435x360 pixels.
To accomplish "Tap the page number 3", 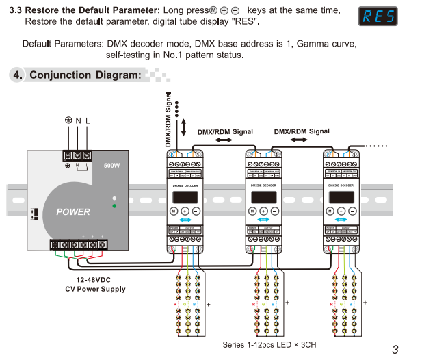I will (x=395, y=349).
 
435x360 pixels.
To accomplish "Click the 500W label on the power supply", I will (x=111, y=165).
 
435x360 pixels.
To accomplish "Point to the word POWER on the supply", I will (x=73, y=211).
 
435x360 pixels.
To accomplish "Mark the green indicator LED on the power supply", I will (x=115, y=205).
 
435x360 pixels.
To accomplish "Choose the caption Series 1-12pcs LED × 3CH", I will (x=269, y=344).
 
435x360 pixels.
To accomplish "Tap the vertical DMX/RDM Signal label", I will (x=168, y=120).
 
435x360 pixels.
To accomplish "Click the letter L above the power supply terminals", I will (x=88, y=120).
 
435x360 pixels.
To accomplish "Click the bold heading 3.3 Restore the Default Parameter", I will (x=92, y=11).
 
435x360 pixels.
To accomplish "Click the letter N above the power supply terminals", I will (x=78, y=120).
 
